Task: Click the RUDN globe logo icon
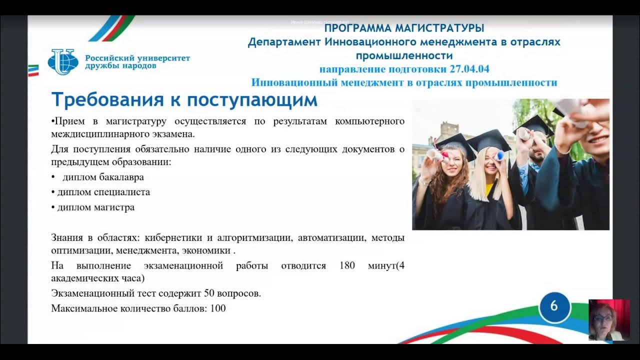62,62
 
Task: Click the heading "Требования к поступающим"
184,100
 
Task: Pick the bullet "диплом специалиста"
103,192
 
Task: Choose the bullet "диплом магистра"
95,207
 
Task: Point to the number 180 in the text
347,265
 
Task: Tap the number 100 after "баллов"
218,308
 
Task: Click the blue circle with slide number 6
554,305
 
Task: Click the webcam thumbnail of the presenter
608,320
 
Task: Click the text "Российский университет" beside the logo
137,58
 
